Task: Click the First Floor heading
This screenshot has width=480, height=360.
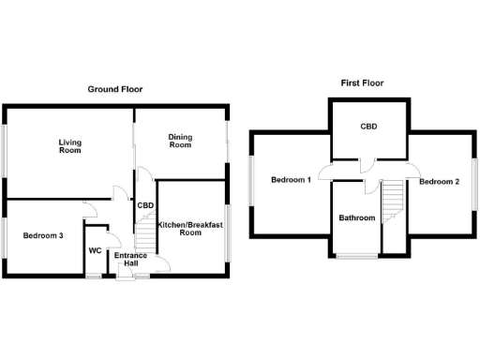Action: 361,83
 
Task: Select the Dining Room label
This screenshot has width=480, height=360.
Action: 180,142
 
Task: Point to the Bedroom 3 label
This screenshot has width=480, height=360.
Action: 42,235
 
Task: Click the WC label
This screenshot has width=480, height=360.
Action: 95,250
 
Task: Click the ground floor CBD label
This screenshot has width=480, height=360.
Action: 145,205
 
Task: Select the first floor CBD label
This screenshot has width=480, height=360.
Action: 368,126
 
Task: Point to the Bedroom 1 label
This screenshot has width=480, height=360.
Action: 291,180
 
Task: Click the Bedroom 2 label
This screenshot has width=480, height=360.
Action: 439,181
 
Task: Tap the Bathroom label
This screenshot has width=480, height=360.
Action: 356,218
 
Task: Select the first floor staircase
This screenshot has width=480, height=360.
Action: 393,199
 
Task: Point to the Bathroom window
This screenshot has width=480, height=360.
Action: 357,255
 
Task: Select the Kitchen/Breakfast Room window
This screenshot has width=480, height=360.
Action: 228,230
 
